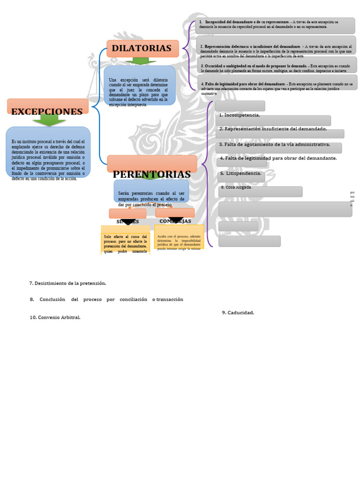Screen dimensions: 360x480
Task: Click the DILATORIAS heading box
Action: click(x=142, y=48)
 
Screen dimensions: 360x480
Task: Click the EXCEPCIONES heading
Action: click(x=47, y=112)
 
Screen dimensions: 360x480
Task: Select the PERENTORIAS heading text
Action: click(x=151, y=174)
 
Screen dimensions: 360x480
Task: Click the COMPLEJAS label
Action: click(x=175, y=221)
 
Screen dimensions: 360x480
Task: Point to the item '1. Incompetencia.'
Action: click(x=239, y=115)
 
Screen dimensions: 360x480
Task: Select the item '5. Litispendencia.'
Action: click(x=240, y=173)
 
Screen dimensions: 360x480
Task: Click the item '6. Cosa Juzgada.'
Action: click(x=236, y=187)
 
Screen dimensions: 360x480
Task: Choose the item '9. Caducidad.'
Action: click(x=238, y=312)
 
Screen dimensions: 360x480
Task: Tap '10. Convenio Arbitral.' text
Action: click(x=55, y=317)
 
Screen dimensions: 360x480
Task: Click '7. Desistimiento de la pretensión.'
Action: click(x=67, y=283)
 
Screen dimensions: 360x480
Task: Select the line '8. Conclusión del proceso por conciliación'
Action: click(x=106, y=299)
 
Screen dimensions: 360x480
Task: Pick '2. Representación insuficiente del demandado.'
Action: click(x=273, y=128)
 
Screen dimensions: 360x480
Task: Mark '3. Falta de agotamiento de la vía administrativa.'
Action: click(x=274, y=144)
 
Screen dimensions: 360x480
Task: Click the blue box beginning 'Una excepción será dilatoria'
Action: click(x=139, y=92)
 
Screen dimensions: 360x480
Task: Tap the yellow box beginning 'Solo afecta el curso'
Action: click(x=125, y=243)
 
